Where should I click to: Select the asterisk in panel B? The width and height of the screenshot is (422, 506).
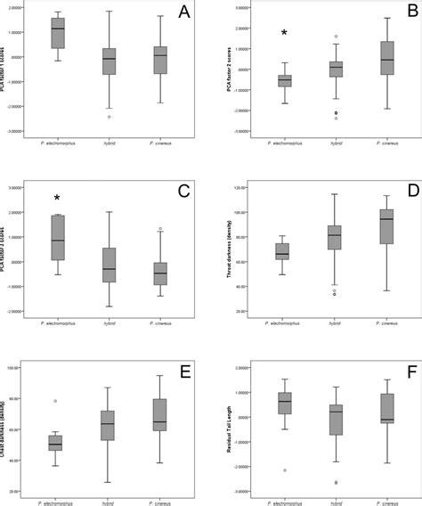284,33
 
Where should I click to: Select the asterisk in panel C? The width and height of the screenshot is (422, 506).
57,198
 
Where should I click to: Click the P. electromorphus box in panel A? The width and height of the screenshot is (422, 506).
58,31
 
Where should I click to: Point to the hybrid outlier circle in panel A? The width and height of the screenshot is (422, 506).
109,117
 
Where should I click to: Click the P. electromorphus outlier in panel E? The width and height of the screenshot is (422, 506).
58,401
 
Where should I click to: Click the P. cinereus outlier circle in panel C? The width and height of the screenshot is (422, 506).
160,229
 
